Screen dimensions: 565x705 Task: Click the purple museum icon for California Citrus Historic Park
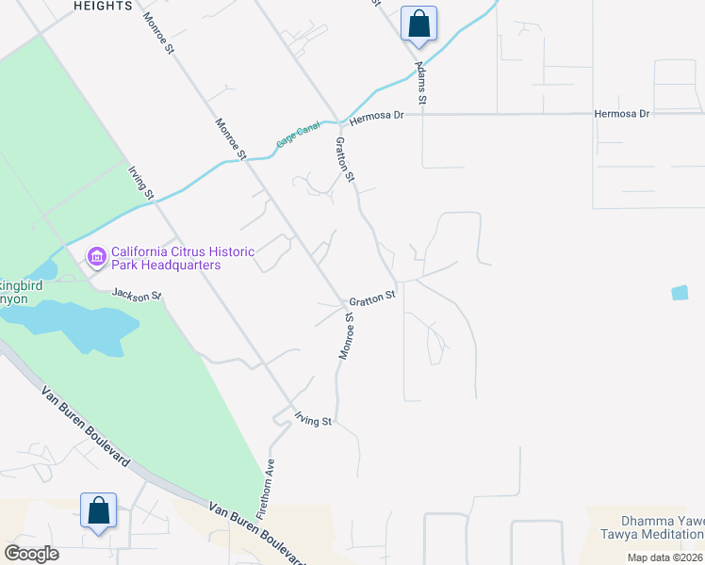click(95, 256)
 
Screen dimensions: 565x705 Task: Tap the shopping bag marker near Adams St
click(418, 24)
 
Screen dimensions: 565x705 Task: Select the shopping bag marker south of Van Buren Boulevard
click(98, 510)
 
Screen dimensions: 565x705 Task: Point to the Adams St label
click(421, 84)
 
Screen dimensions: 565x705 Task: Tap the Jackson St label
click(137, 296)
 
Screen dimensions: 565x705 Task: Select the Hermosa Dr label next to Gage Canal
click(376, 117)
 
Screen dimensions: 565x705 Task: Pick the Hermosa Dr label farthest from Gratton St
click(622, 114)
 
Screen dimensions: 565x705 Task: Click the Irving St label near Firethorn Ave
click(313, 420)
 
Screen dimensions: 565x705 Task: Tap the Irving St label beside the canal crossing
click(141, 183)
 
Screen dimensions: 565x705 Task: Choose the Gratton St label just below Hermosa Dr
click(345, 159)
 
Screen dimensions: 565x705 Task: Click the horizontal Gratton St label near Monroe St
click(372, 299)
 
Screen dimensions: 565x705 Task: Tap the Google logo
click(31, 553)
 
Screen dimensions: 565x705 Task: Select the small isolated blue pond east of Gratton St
click(680, 293)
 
